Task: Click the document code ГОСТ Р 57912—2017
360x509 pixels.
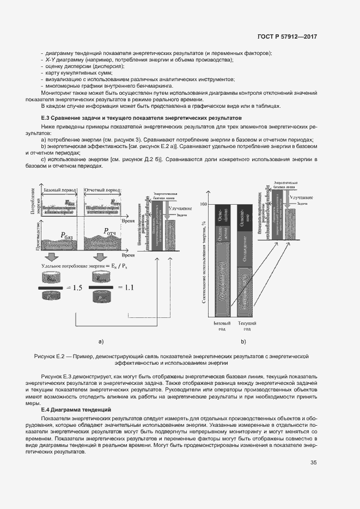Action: [x=287, y=36]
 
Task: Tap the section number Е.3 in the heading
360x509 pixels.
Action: [x=46, y=118]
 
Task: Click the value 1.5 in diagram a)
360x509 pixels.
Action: [x=74, y=288]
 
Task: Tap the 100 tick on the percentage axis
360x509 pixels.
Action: [x=204, y=205]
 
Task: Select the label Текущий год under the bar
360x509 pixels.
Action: [x=243, y=326]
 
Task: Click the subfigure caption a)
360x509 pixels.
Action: [x=101, y=342]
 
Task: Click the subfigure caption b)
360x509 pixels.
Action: [x=243, y=342]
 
